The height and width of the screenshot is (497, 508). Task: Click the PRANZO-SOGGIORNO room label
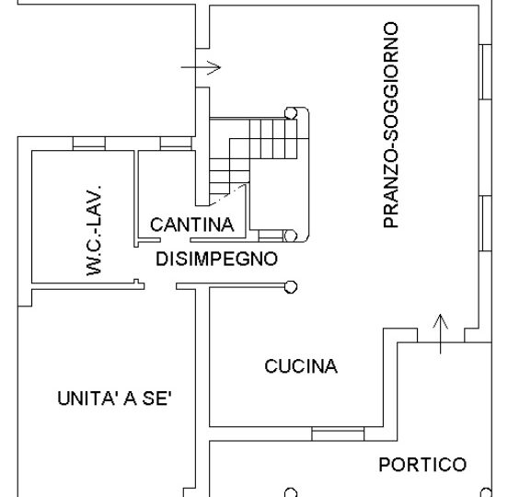[390, 125]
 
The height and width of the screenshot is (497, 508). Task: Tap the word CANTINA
[192, 225]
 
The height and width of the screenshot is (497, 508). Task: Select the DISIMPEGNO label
[216, 259]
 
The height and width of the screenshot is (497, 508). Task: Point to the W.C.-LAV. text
[94, 231]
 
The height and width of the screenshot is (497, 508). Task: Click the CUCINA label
[301, 366]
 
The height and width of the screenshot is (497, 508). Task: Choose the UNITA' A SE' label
[114, 398]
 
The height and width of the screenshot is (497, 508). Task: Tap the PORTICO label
[422, 465]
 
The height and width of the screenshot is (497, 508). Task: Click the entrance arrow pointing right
[201, 68]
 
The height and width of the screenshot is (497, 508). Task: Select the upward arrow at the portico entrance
[440, 334]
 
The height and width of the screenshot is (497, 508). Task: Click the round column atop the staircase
[291, 113]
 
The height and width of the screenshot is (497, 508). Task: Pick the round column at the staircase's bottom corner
[290, 237]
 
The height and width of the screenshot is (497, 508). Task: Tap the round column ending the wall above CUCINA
[291, 287]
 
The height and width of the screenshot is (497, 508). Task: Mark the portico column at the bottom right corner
[486, 492]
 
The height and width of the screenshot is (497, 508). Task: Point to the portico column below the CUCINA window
[291, 492]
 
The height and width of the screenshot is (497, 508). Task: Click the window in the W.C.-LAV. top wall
[89, 144]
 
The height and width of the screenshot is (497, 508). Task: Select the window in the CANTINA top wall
[176, 144]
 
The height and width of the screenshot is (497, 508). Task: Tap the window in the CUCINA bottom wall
[338, 433]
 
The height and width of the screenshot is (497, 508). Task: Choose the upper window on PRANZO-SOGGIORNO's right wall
[485, 72]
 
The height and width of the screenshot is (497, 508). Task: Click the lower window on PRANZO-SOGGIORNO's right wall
[485, 224]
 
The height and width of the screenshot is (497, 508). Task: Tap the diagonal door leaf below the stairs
[227, 195]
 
